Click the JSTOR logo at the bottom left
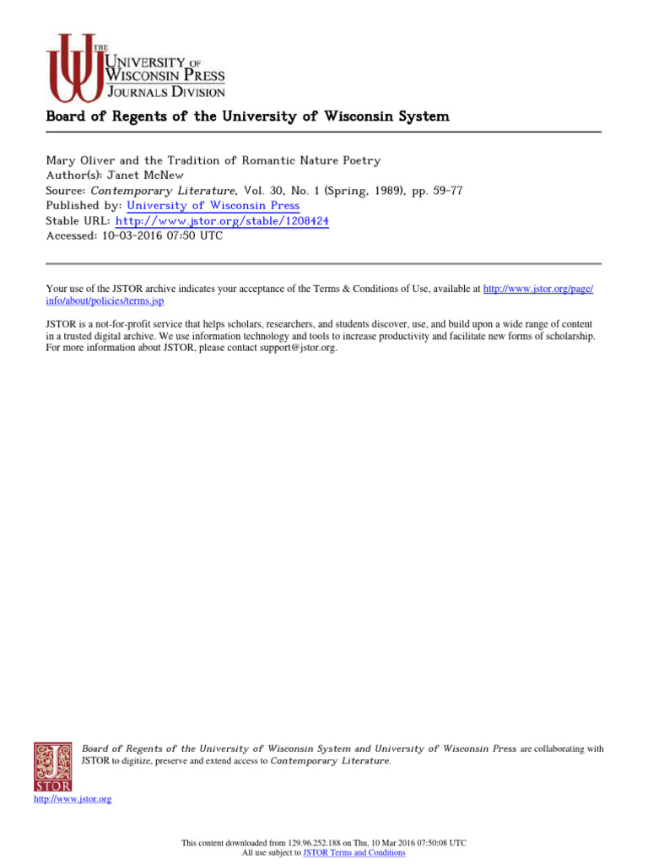click(x=52, y=767)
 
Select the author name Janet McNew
click(x=135, y=175)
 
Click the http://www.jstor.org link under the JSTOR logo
click(x=73, y=799)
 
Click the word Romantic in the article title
click(x=274, y=160)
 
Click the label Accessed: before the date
click(x=73, y=236)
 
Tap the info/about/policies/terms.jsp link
click(x=105, y=300)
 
